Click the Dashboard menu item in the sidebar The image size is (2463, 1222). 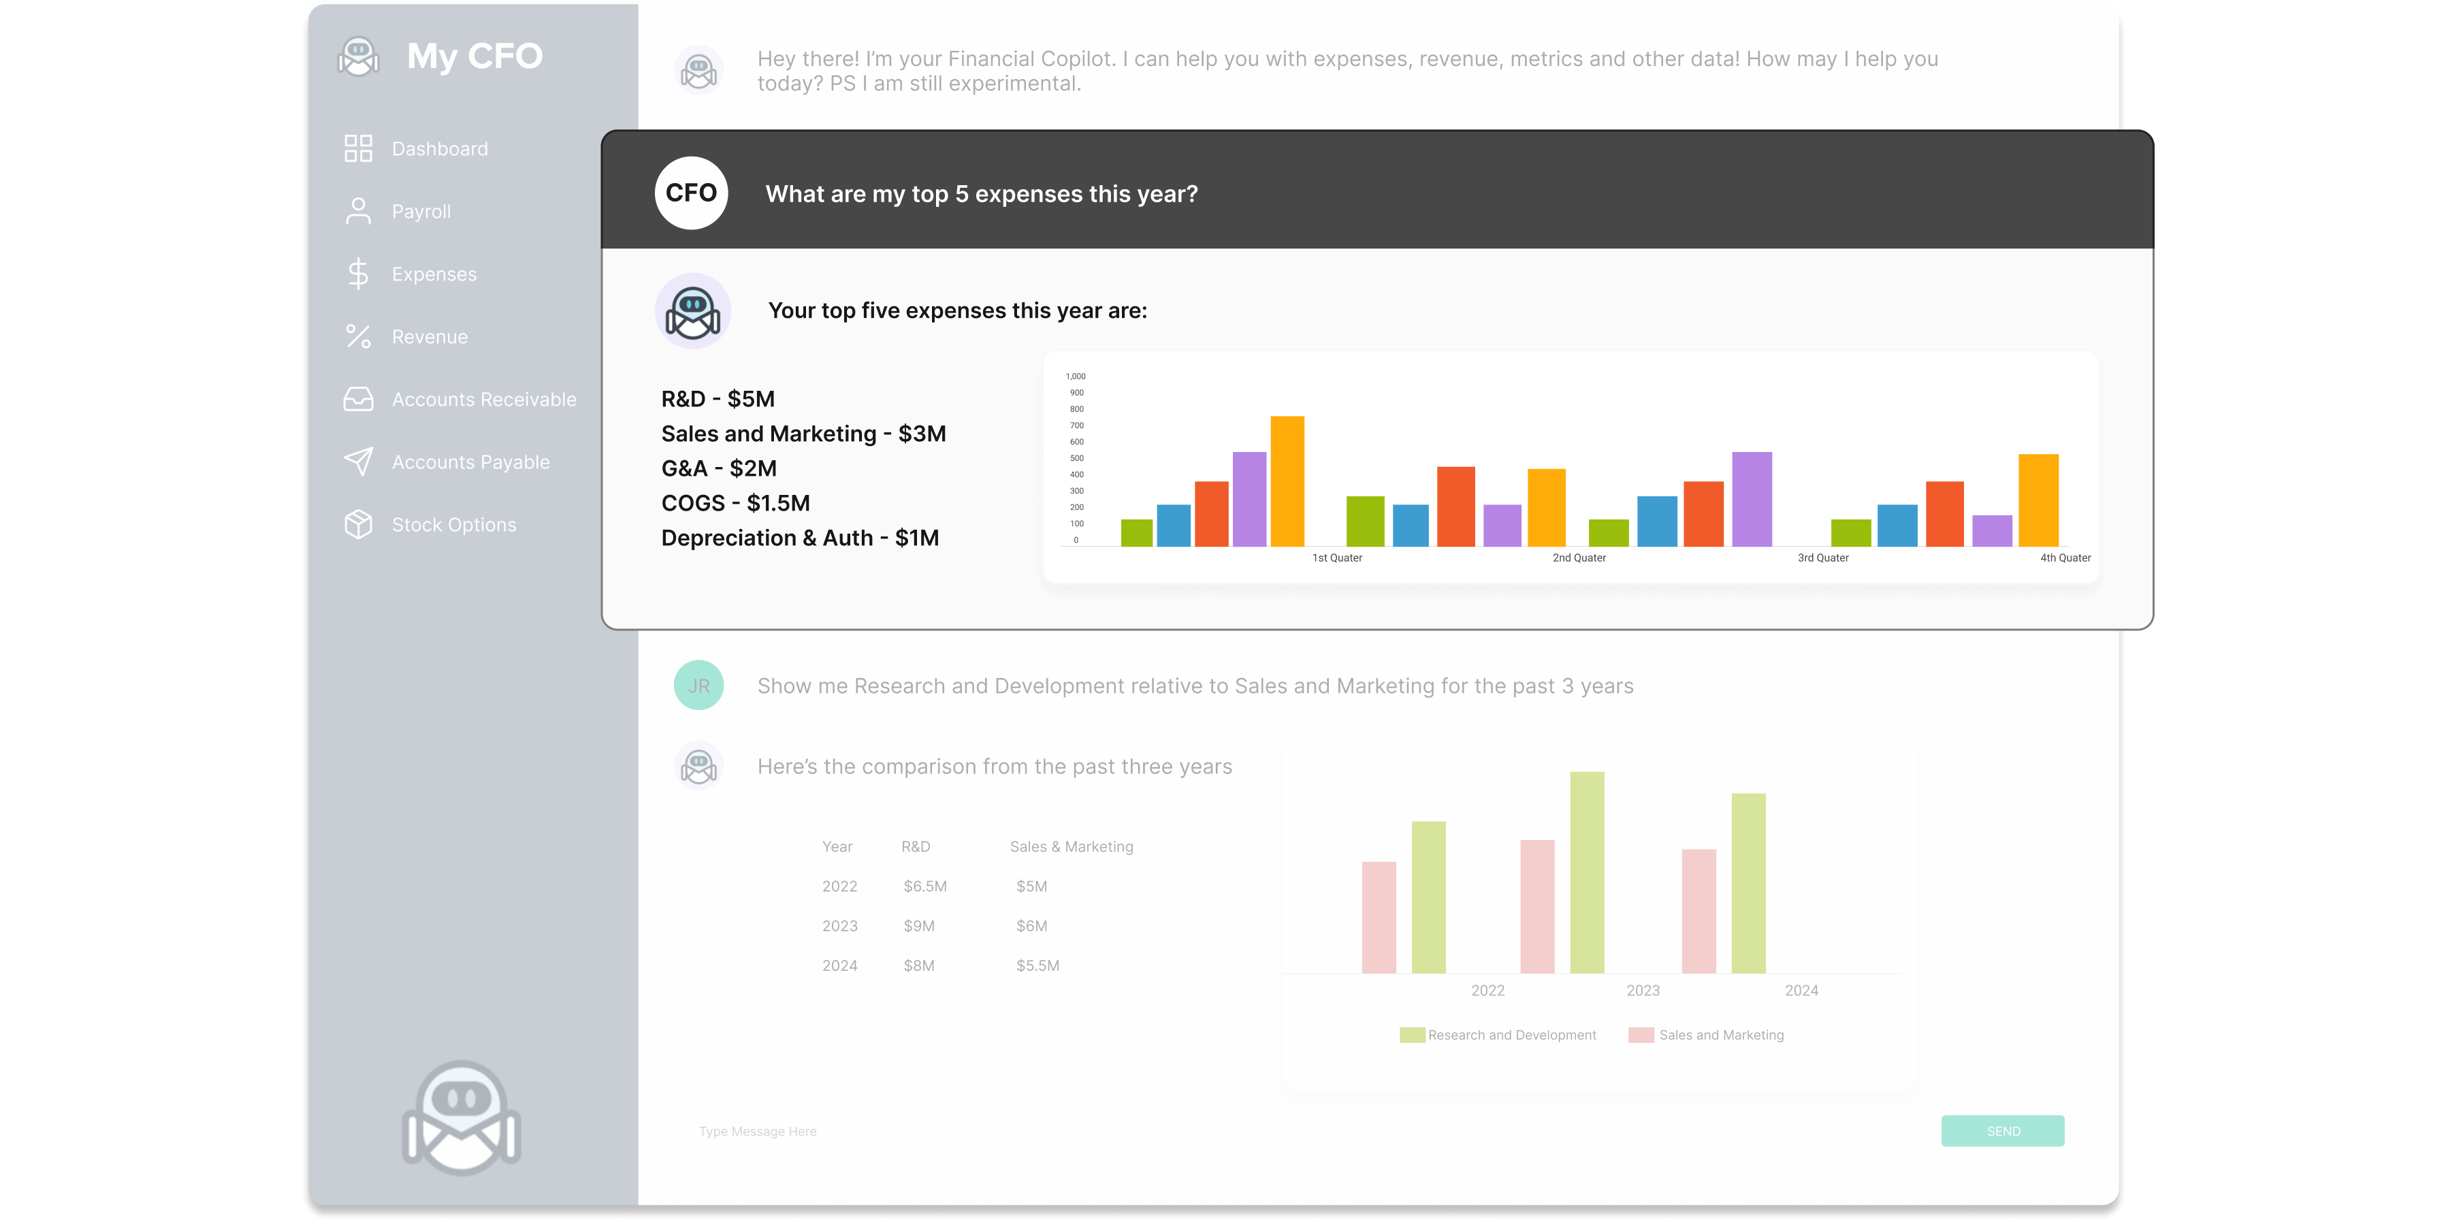tap(439, 149)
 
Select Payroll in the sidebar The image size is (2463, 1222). tap(421, 211)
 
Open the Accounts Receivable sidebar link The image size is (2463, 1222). tap(484, 400)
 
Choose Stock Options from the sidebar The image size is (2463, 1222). tap(453, 525)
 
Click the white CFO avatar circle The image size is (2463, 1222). tap(690, 193)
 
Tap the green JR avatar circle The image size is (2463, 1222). tap(698, 686)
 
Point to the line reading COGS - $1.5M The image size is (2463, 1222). tap(735, 504)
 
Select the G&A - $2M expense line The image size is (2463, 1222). tap(719, 468)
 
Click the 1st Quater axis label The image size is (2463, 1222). tap(1336, 558)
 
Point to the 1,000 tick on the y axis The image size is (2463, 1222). tap(1076, 376)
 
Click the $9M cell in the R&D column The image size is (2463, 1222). tap(919, 926)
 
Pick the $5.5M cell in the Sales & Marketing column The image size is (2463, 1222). tap(1037, 966)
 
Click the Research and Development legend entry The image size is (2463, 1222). tap(1511, 1035)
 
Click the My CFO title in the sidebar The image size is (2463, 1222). tap(474, 57)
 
